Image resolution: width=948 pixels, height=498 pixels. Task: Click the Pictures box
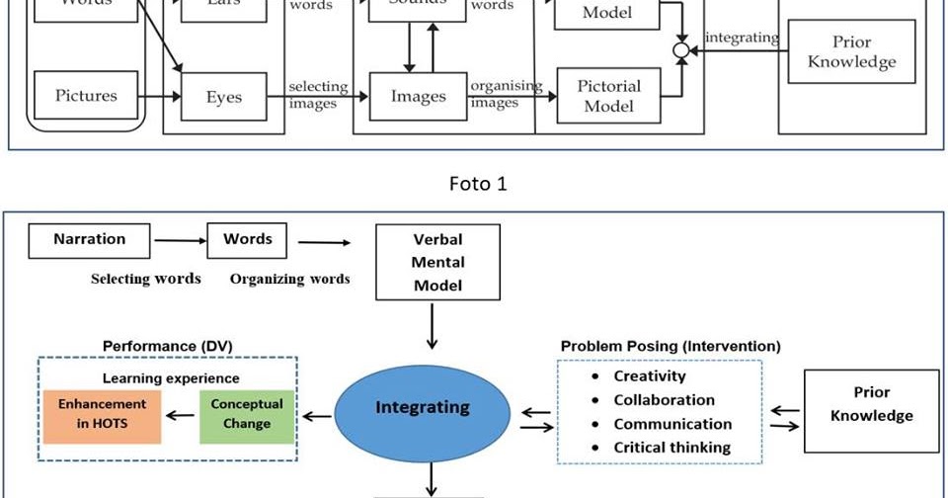86,97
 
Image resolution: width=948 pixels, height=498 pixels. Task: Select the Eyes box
223,98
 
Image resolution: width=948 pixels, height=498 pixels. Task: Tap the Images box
418,97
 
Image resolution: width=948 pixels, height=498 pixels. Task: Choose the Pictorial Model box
609,96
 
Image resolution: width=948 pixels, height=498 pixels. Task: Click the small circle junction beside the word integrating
680,49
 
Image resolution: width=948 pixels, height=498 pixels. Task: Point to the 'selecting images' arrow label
313,96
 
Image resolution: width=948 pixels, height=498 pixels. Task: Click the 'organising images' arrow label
505,95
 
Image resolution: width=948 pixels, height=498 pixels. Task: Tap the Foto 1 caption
478,184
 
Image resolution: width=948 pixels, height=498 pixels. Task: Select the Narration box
90,240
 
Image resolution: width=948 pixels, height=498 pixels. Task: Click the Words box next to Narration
247,240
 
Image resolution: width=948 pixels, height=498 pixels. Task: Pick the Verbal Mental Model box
437,262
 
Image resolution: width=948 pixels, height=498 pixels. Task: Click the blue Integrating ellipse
422,407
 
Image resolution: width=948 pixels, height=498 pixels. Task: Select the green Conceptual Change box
247,414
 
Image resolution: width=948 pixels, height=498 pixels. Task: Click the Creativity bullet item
649,376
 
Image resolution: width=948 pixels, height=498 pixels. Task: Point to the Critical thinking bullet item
671,448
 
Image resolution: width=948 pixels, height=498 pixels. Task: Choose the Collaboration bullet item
664,400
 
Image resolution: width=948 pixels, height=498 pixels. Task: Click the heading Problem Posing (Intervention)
671,347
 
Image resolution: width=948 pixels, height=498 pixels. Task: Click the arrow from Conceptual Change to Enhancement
179,415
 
